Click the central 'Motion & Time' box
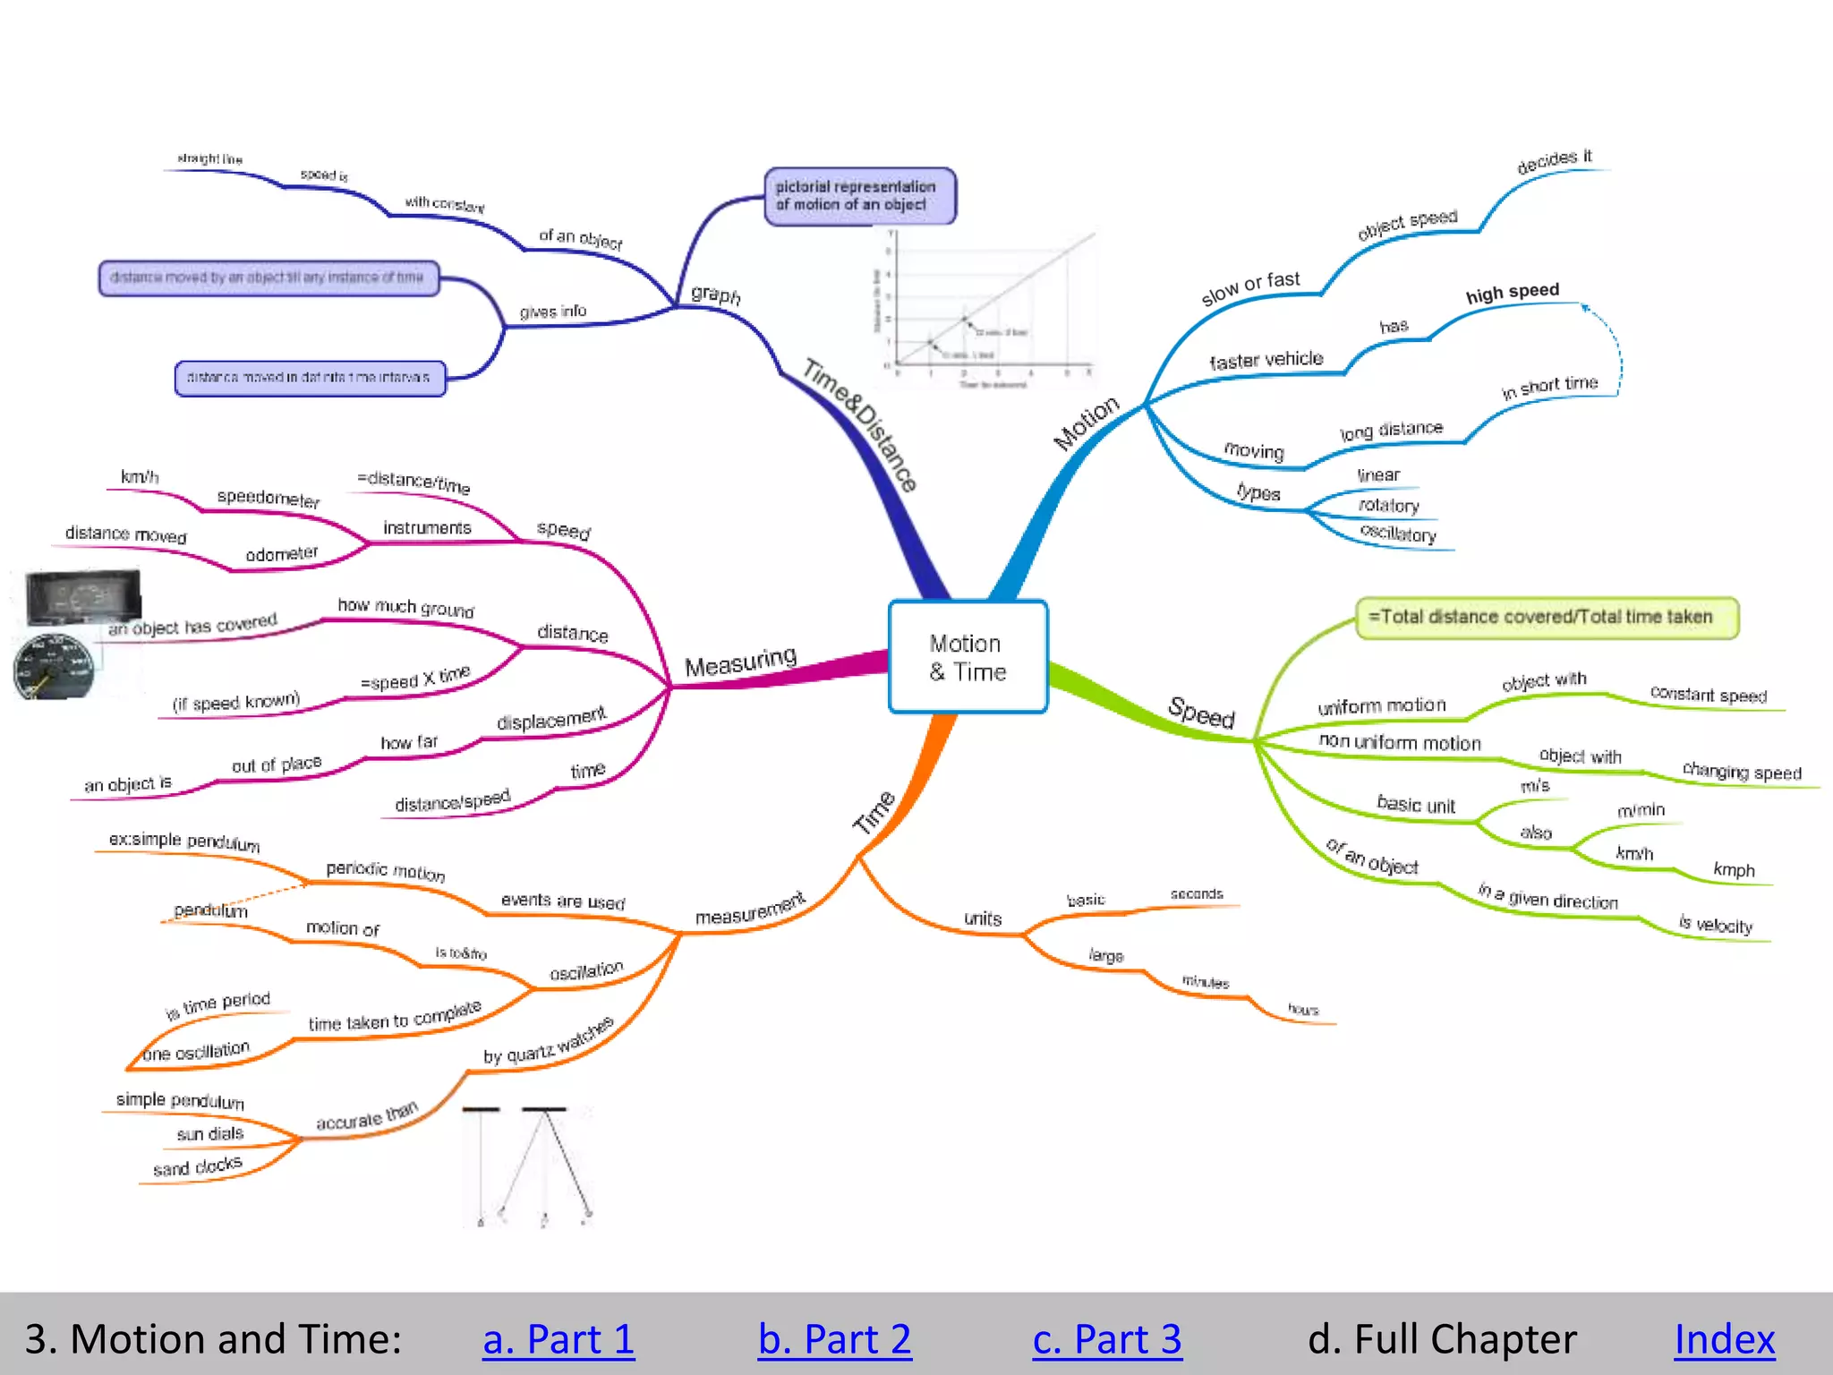968,657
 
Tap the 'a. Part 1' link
558,1339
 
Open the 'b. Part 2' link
834,1339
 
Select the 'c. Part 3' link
1107,1339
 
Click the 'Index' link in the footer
1724,1339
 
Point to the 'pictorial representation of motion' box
859,196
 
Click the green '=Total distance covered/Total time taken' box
1547,617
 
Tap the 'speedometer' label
268,498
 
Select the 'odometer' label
281,554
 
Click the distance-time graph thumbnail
985,308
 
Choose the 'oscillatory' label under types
1398,534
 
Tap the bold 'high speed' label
1512,293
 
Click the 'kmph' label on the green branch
1734,869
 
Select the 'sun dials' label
210,1134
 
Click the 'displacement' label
550,720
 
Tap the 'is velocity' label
1715,925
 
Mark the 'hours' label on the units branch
1303,1010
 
